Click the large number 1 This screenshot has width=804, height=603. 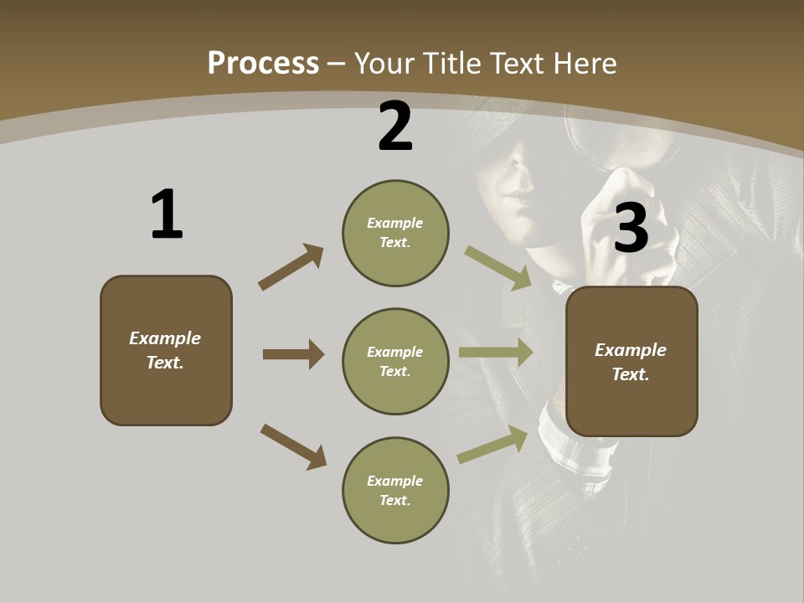(167, 214)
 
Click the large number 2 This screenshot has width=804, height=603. (394, 126)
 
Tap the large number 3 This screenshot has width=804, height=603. (631, 228)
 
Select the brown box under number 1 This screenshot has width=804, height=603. (166, 350)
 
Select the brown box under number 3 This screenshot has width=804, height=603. (631, 361)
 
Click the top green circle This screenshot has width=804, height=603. (395, 233)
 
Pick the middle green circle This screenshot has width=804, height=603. (395, 361)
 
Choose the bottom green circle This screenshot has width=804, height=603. (395, 490)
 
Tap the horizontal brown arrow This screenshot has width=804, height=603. (293, 354)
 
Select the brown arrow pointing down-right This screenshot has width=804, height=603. (293, 446)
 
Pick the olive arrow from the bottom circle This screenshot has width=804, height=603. (492, 445)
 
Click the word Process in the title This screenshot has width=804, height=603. (263, 63)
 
